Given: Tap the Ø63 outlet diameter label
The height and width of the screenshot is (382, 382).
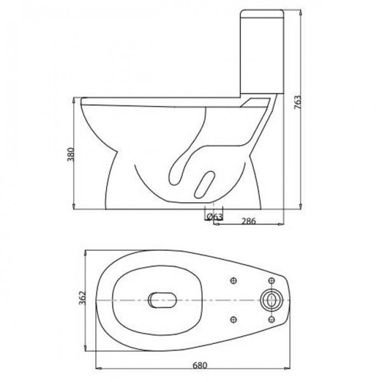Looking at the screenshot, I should click(x=214, y=217).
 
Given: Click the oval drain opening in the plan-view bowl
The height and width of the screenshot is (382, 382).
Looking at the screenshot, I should click(x=162, y=299).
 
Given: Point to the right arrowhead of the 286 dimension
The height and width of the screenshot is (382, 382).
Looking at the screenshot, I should click(x=282, y=223).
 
